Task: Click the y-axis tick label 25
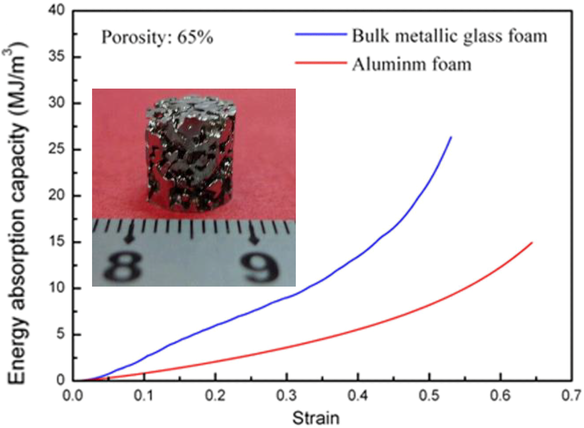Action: (x=56, y=149)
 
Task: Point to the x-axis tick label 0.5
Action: (x=429, y=395)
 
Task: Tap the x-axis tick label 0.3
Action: (x=286, y=395)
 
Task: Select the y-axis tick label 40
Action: (x=56, y=10)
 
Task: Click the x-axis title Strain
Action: (x=316, y=418)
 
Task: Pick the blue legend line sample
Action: (x=321, y=34)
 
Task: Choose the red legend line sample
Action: (x=321, y=62)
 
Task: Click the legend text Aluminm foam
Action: (x=412, y=64)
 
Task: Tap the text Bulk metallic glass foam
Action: (x=449, y=36)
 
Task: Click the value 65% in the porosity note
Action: (x=195, y=38)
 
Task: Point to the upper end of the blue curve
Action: (x=451, y=137)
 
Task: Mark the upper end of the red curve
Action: (x=532, y=243)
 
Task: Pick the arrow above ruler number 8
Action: (x=129, y=235)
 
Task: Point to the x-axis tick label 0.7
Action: (x=571, y=395)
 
